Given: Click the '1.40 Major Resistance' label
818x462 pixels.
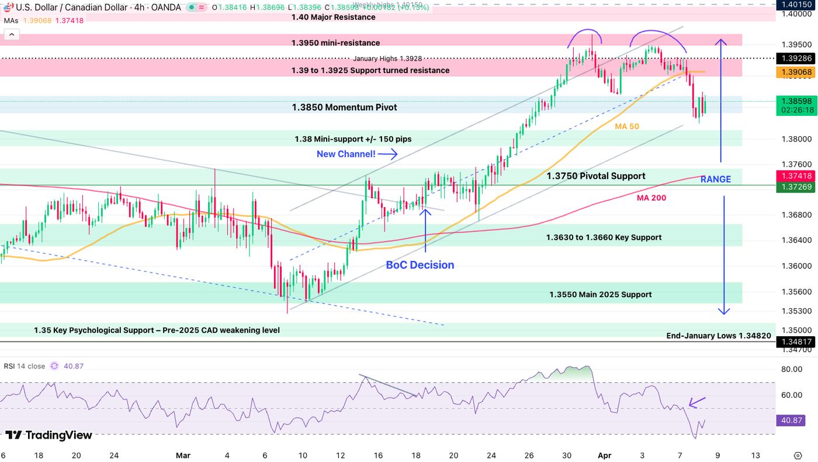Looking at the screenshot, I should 333,18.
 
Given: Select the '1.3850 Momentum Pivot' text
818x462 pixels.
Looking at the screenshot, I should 344,108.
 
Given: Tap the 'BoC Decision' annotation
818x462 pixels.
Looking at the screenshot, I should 420,265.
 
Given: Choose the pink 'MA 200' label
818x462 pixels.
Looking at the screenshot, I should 651,198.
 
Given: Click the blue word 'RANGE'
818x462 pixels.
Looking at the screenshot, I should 715,180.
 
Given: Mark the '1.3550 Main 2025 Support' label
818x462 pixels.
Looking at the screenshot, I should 600,295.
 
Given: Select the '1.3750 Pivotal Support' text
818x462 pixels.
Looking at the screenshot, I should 595,176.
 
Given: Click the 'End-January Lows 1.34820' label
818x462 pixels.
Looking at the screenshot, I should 719,336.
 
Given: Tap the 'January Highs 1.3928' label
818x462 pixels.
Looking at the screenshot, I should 387,58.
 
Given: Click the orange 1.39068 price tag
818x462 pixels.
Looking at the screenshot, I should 796,72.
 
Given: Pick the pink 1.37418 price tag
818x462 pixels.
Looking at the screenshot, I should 796,175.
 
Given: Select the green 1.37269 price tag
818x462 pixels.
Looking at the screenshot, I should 796,186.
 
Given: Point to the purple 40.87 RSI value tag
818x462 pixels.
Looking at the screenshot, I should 791,420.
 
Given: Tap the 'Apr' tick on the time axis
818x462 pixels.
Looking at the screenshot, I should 604,455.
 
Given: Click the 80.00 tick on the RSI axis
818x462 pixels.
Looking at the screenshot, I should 791,370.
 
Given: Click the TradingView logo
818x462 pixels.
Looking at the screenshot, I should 48,435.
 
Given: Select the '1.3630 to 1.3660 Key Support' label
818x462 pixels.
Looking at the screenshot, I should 604,237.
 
